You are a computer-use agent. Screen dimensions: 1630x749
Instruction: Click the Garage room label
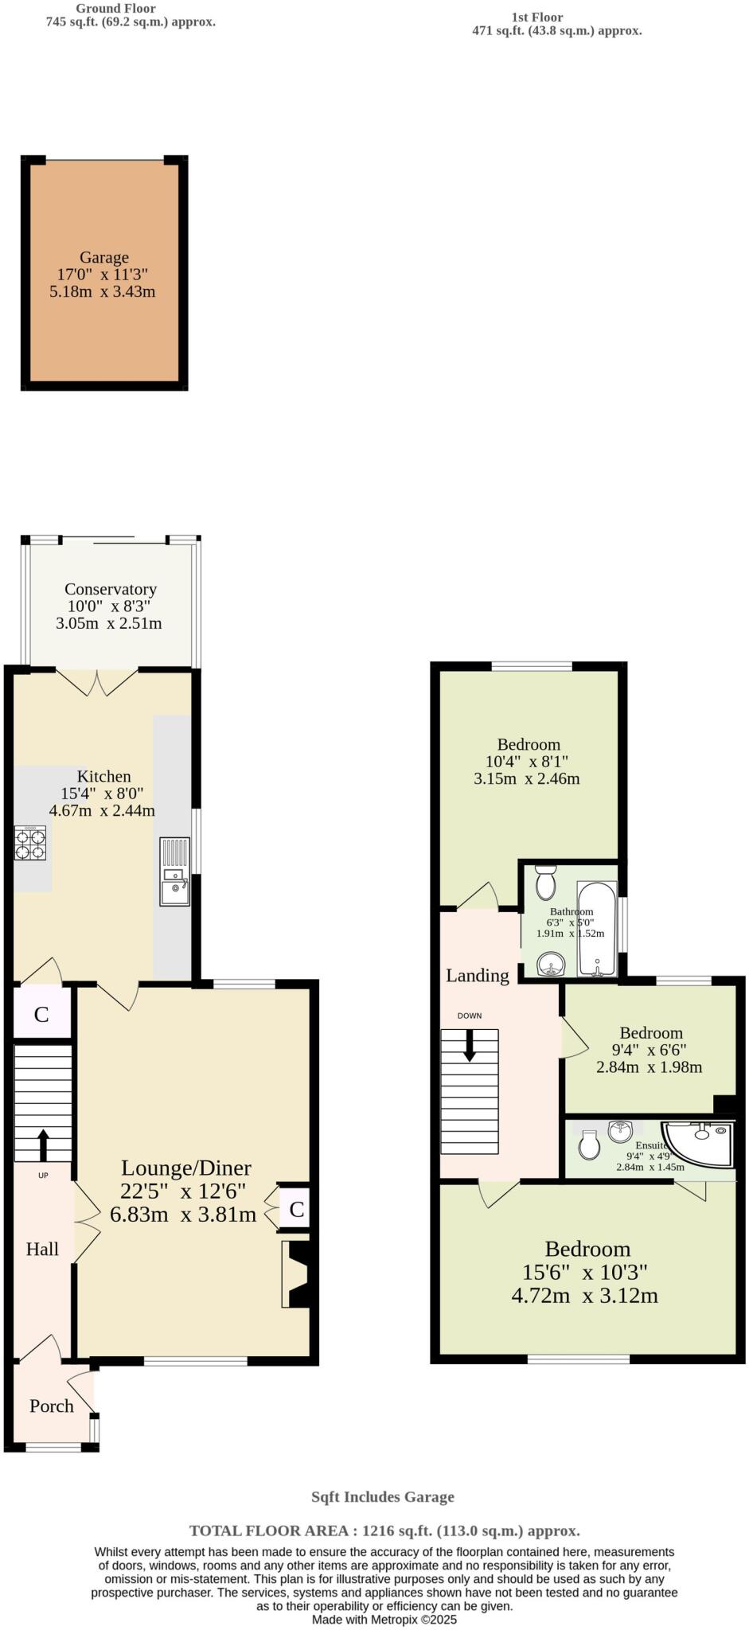(103, 258)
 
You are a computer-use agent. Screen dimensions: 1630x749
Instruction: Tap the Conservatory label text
(111, 589)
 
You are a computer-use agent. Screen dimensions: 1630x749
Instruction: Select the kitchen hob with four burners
(30, 844)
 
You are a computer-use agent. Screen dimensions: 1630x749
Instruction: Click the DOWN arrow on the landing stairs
(470, 1045)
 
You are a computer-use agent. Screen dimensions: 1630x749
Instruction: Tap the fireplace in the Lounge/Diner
(296, 1274)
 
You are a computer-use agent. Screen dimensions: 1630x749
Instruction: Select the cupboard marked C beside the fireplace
(296, 1210)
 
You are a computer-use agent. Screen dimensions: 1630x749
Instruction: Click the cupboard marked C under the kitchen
(41, 1014)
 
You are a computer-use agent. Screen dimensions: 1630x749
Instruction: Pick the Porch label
(52, 1406)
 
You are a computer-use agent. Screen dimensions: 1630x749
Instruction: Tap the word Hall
(42, 1249)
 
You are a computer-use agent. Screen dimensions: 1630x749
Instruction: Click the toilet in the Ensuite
(589, 1146)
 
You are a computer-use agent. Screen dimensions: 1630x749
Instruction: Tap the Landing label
(477, 975)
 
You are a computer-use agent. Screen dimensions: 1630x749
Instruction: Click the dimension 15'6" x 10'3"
(584, 1272)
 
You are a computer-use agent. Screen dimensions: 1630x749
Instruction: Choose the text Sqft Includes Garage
(383, 1496)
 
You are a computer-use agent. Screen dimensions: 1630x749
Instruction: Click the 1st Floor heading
(536, 17)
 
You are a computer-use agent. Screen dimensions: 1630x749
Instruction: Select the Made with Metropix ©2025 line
(384, 1619)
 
